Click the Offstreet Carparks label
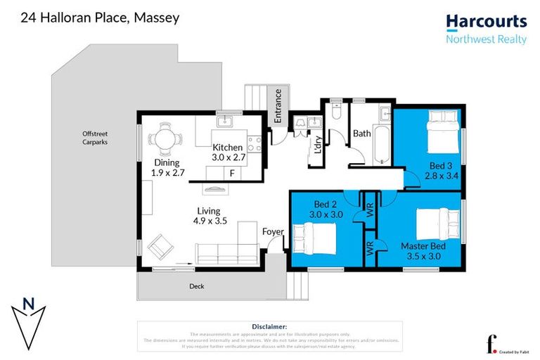click(94, 138)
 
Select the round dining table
click(165, 140)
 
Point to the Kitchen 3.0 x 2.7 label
click(228, 153)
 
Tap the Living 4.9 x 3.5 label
click(209, 216)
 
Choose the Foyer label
click(273, 232)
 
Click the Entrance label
click(278, 106)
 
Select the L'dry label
click(317, 146)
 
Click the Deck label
click(197, 286)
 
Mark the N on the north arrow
click(28, 304)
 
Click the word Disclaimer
click(269, 326)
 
